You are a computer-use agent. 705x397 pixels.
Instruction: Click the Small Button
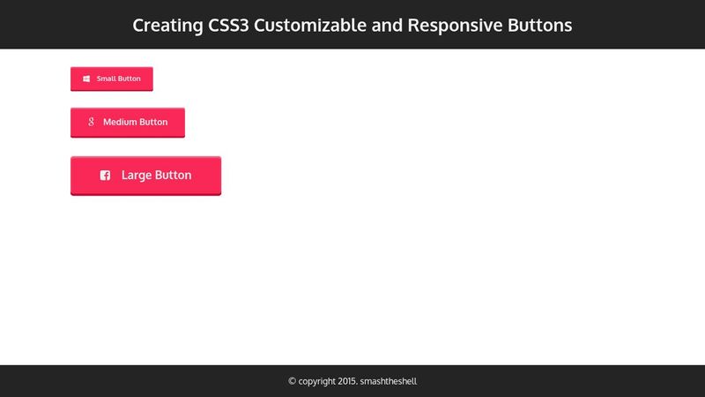click(x=112, y=79)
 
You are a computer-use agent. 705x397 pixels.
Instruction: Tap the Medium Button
click(x=128, y=122)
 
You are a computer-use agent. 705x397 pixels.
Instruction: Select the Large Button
click(x=145, y=175)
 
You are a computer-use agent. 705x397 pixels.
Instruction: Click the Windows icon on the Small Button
click(x=86, y=79)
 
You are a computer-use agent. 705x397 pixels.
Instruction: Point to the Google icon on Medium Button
click(x=91, y=122)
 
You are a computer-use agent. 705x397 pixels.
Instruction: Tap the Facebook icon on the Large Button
click(x=105, y=176)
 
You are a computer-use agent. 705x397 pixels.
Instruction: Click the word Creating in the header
click(x=166, y=26)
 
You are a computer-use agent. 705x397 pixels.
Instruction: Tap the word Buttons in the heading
click(x=539, y=26)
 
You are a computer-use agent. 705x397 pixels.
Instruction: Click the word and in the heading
click(x=387, y=26)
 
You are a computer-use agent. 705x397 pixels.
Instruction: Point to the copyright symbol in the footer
click(x=293, y=382)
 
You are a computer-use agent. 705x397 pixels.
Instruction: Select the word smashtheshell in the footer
click(x=395, y=382)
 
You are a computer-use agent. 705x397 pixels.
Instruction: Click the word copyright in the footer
click(x=318, y=382)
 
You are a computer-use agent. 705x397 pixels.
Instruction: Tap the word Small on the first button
click(x=106, y=79)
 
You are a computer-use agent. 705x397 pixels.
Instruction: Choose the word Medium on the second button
click(x=120, y=122)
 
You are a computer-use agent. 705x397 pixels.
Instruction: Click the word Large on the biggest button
click(x=137, y=175)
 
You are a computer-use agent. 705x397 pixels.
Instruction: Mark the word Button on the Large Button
click(x=174, y=175)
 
